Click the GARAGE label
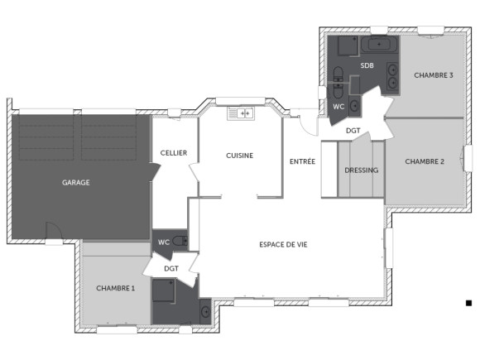(x=75, y=182)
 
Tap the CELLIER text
(x=174, y=153)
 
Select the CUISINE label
(x=240, y=156)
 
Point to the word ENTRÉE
(x=302, y=161)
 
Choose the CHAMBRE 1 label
(x=116, y=288)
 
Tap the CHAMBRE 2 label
(x=425, y=161)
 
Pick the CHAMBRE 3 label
(x=433, y=75)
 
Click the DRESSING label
(x=361, y=170)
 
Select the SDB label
(x=367, y=65)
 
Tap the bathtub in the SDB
(x=380, y=43)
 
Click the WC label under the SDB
(x=338, y=107)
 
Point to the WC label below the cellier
(x=164, y=242)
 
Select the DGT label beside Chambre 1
(x=171, y=269)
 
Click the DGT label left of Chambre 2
(x=353, y=131)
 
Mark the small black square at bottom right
(x=468, y=304)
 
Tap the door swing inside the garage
(x=52, y=233)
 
